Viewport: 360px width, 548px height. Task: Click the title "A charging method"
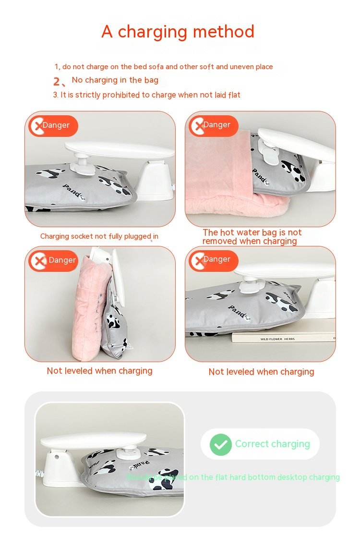point(178,32)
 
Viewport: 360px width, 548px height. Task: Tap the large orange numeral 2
point(57,82)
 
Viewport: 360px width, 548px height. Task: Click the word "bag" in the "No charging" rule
point(151,80)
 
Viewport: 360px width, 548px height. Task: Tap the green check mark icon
point(221,444)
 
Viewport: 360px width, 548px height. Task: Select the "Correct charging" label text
point(272,444)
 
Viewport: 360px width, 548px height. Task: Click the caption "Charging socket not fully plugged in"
point(99,236)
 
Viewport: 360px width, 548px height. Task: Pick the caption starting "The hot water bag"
point(252,237)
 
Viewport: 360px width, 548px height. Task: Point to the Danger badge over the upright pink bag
point(53,260)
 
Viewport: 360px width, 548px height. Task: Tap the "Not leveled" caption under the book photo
point(261,372)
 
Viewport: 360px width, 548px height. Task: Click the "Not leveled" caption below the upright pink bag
point(99,371)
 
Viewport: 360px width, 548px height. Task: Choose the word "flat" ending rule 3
point(234,95)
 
